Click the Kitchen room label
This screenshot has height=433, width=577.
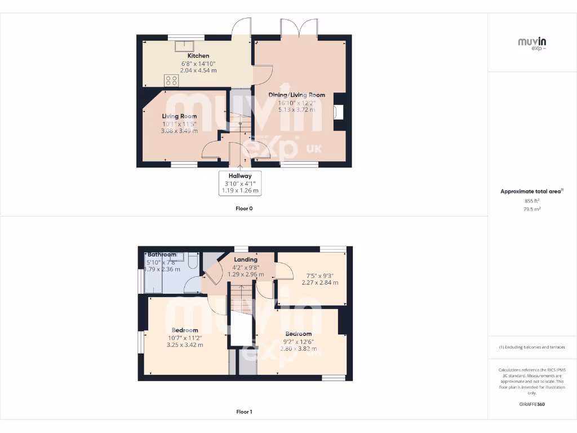(x=198, y=56)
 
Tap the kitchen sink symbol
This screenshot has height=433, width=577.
(x=184, y=46)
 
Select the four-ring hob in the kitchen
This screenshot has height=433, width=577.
(x=171, y=80)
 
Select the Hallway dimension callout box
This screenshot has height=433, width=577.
(x=240, y=183)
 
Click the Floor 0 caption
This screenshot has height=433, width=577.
(x=244, y=209)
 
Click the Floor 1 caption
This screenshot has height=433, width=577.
(x=244, y=412)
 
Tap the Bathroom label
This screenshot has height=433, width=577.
(x=162, y=255)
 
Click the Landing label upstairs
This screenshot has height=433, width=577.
(x=246, y=259)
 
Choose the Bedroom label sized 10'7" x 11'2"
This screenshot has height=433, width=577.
(x=185, y=330)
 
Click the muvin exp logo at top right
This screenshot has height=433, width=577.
(x=532, y=43)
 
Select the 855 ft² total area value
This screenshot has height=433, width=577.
(x=532, y=201)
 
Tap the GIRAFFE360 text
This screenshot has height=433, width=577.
(x=532, y=404)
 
